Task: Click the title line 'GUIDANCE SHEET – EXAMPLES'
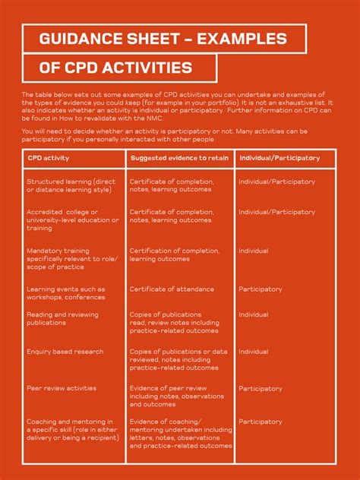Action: [163, 39]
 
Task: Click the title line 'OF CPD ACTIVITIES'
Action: [115, 68]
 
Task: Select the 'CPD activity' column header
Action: [49, 158]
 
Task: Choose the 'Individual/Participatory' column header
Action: [279, 158]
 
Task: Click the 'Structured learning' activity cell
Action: [71, 185]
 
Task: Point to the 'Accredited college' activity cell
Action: [72, 219]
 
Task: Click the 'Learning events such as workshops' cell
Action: [66, 292]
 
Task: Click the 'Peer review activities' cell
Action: [62, 388]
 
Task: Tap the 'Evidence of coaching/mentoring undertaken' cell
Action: [180, 434]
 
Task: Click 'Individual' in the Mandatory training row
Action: [253, 251]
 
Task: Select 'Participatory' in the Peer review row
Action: [261, 388]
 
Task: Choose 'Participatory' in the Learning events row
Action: [261, 289]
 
